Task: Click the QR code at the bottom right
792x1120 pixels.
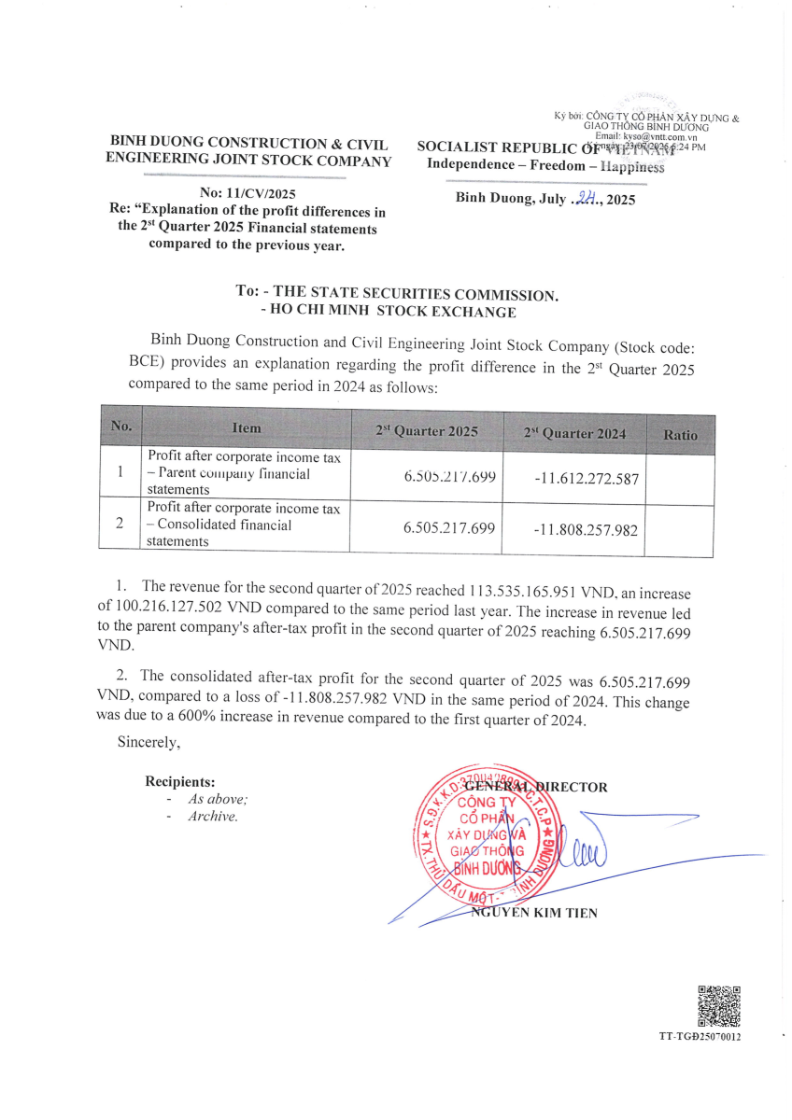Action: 719,1005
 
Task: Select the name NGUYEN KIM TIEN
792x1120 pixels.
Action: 533,913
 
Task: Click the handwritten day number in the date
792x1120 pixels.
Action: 586,198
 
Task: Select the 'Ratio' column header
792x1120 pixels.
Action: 679,434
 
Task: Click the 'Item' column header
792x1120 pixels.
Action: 247,428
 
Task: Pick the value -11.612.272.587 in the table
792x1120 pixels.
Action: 587,479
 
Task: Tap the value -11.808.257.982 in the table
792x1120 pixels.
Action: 586,530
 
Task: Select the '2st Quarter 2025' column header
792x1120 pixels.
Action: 427,431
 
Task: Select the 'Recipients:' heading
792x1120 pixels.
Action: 180,781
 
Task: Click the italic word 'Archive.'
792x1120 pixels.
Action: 213,816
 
